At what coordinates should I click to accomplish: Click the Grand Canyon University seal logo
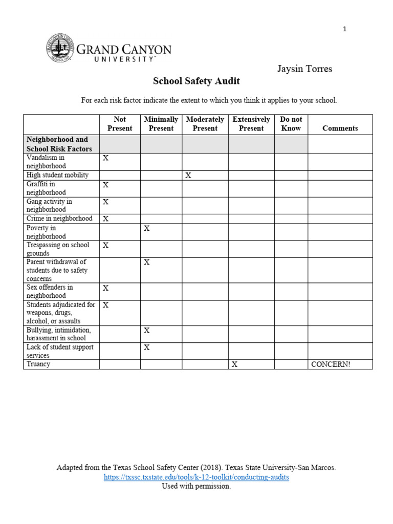tap(60, 48)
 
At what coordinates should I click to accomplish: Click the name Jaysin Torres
tap(304, 69)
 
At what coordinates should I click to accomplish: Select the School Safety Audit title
tap(196, 81)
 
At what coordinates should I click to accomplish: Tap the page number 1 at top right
tap(345, 29)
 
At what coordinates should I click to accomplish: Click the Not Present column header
tap(120, 124)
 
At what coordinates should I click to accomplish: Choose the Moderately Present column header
tap(205, 124)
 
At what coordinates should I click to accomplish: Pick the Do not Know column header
tap(291, 124)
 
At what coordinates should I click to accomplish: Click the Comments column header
tap(340, 128)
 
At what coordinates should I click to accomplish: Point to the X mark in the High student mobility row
tap(188, 175)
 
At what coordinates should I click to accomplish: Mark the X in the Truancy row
tap(234, 364)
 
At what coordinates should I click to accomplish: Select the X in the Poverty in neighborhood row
tap(147, 228)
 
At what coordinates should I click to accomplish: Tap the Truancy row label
tap(38, 364)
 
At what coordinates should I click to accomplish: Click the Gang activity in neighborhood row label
tap(49, 205)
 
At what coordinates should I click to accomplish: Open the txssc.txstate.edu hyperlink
tap(196, 477)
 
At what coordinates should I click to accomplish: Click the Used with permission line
tap(196, 486)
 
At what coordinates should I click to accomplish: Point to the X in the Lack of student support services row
tap(147, 347)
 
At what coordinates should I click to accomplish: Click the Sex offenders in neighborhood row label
tap(50, 291)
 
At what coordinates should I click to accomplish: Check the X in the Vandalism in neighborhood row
tap(106, 158)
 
